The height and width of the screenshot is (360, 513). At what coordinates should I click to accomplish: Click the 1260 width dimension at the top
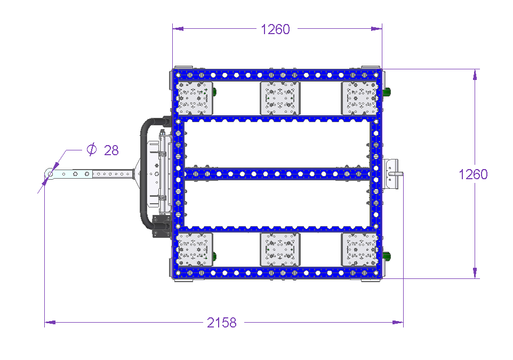pos(276,29)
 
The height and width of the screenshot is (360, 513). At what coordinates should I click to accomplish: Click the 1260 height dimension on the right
pos(473,174)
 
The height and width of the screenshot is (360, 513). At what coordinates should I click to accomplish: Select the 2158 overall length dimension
pos(221,323)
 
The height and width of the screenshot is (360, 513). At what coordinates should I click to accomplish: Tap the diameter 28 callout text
pos(103,150)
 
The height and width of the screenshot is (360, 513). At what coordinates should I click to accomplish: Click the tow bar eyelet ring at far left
pos(50,174)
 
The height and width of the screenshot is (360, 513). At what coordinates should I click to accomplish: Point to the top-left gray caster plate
pos(194,98)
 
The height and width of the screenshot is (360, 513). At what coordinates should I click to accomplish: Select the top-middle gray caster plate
pos(280,98)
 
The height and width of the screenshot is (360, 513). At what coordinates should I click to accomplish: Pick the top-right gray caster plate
pos(360,98)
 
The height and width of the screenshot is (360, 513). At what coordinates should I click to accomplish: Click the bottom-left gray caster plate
pos(194,250)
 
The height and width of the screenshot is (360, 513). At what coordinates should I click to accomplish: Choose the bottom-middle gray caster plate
pos(280,250)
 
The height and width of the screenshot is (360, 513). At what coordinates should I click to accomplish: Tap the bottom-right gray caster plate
pos(360,250)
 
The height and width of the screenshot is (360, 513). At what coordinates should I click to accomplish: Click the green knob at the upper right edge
pos(387,92)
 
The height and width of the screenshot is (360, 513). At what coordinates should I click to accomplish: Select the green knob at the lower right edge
pos(387,256)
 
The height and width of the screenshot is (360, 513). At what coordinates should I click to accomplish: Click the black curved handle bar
pos(143,173)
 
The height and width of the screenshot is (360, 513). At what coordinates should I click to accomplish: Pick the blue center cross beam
pos(277,174)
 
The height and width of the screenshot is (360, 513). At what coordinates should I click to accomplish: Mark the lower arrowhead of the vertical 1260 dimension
pos(475,273)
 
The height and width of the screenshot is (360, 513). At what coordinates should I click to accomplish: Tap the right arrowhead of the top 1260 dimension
pos(376,29)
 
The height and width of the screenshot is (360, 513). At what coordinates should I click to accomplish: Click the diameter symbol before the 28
pos(92,149)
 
